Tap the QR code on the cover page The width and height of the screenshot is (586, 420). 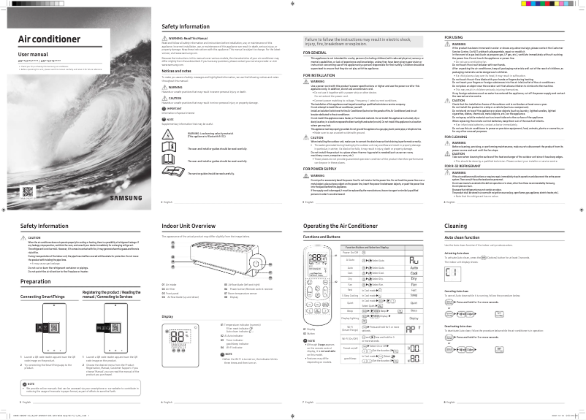coord(28,191)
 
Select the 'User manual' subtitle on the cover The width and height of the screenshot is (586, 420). coord(32,54)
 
